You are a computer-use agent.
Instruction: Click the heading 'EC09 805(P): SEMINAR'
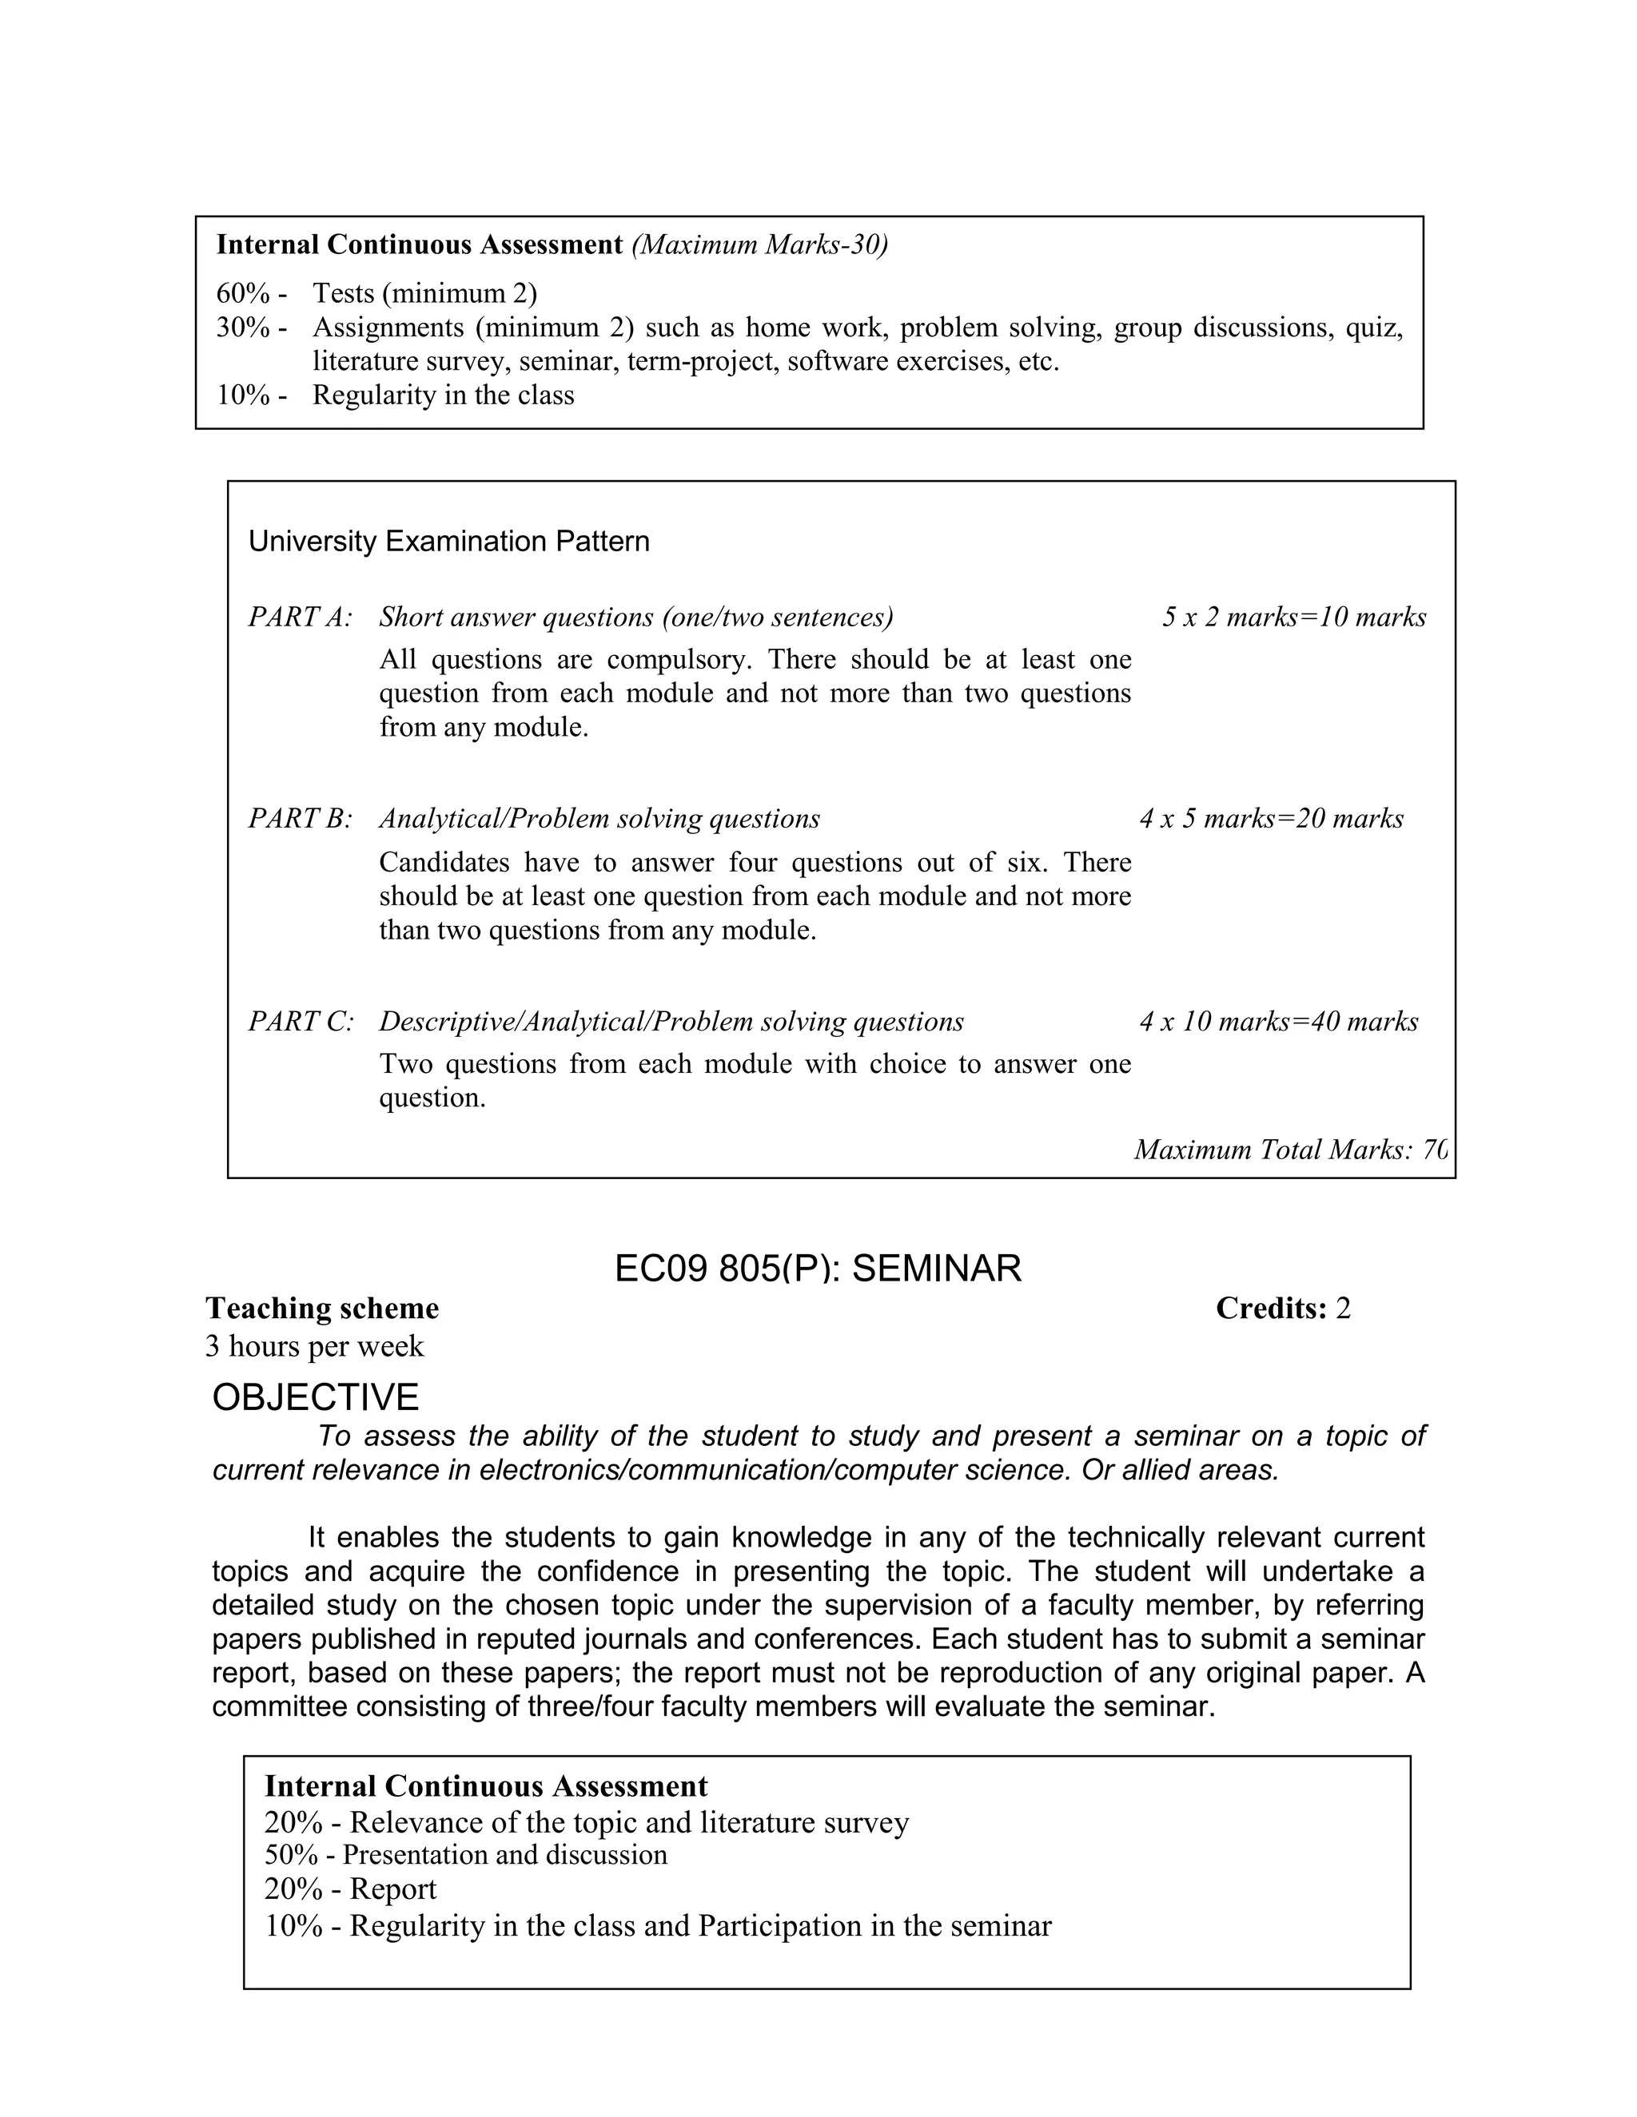point(818,1268)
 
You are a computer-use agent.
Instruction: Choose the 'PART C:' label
point(301,1021)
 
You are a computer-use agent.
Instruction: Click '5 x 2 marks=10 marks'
point(1294,617)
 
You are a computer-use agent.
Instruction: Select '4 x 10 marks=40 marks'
point(1278,1021)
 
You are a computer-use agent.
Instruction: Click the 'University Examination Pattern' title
point(449,541)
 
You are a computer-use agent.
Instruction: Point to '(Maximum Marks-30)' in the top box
point(759,244)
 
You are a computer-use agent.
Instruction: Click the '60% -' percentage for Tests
point(251,292)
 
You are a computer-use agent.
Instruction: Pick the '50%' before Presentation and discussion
point(291,1854)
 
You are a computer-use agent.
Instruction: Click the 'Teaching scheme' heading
point(322,1309)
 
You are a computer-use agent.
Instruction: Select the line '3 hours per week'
point(314,1345)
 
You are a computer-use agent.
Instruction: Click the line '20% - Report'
point(350,1889)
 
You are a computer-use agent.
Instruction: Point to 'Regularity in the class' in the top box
point(443,395)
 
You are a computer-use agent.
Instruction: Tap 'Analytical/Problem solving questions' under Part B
point(599,818)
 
